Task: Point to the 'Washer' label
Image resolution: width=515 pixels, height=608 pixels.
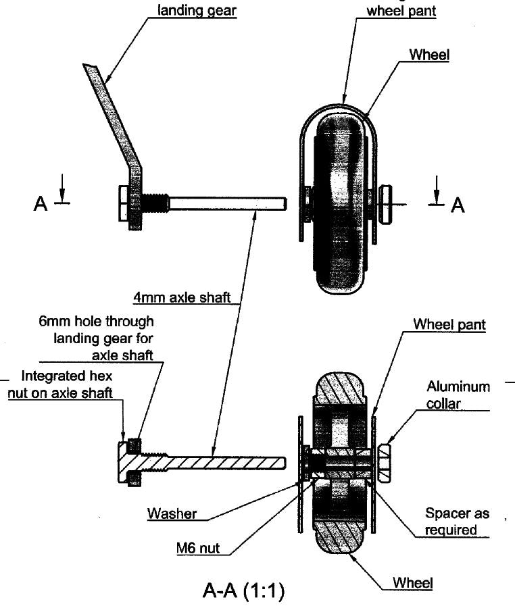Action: [x=172, y=513]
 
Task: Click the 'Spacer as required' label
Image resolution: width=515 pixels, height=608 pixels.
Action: [x=451, y=521]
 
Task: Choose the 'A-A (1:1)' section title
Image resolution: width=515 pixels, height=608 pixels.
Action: [x=243, y=591]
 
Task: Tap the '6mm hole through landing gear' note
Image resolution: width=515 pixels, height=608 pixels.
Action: [x=96, y=337]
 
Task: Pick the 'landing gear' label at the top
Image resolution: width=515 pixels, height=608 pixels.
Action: [x=196, y=11]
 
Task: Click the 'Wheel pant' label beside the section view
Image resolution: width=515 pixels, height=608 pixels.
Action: [x=449, y=325]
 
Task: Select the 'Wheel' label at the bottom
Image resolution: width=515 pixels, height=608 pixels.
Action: [x=412, y=582]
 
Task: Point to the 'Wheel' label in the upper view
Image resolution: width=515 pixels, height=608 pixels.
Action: [x=428, y=55]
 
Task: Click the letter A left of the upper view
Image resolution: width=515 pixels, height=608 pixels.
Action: [x=41, y=204]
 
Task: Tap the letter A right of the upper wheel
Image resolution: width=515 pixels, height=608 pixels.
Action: [x=458, y=205]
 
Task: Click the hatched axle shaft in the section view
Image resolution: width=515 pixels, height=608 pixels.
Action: [x=223, y=463]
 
